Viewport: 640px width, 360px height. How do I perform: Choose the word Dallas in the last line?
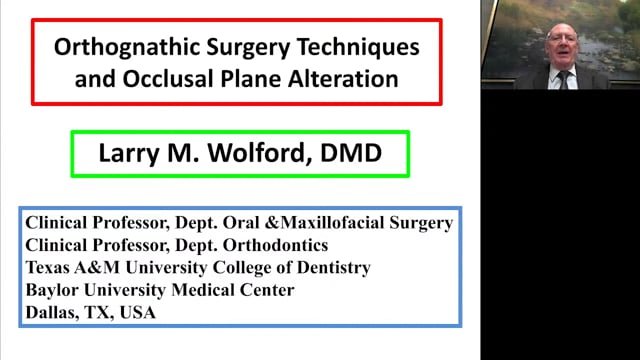[53, 312]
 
